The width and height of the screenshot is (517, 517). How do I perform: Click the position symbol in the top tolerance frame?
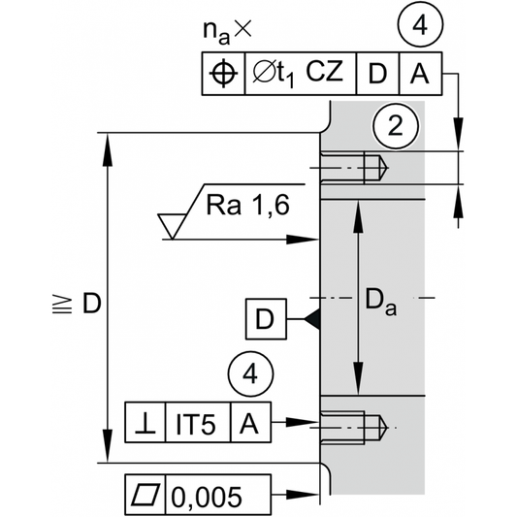223,74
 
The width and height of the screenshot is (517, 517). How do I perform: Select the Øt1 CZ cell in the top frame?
301,74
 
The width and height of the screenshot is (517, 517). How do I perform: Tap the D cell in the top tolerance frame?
378,74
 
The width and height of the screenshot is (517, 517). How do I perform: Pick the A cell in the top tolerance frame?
420,74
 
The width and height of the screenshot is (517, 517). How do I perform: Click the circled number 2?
396,126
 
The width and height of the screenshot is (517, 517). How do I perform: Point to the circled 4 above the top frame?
420,25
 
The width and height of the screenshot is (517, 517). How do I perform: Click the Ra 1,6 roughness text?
248,205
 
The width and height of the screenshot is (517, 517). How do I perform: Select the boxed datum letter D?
266,319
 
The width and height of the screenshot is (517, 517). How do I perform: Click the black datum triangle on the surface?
312,319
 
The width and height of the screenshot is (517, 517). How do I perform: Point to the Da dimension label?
381,302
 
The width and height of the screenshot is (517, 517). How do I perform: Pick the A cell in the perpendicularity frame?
250,422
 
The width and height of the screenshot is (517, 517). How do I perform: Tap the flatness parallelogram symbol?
145,495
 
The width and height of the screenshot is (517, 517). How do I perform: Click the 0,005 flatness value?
207,497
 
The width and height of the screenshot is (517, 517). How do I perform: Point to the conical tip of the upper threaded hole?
384,168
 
